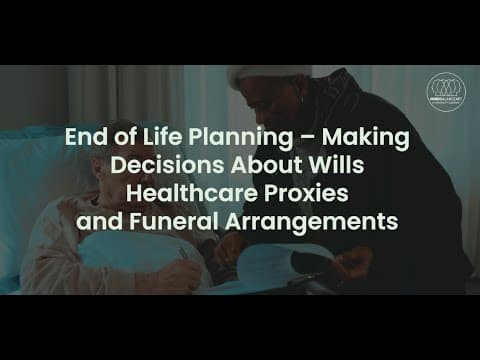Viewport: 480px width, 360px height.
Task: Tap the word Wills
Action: (x=339, y=166)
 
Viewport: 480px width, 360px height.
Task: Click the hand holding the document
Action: (x=350, y=262)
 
